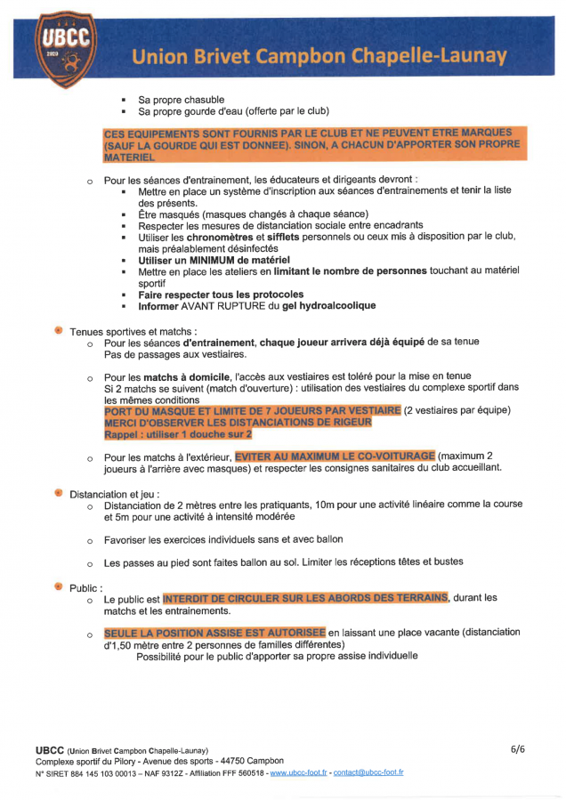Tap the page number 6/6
(518, 749)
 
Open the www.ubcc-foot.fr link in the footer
(298, 772)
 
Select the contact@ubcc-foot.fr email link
(368, 772)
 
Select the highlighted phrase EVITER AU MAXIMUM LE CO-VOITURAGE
(335, 456)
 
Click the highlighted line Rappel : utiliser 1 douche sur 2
(178, 434)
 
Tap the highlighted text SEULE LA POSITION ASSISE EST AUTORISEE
(214, 633)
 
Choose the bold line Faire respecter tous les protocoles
(220, 294)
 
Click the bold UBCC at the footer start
(50, 749)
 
